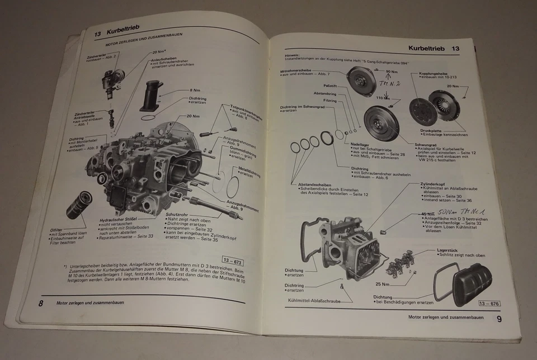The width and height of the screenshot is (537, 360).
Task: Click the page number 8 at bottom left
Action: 41,303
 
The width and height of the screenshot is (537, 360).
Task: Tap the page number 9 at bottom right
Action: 499,319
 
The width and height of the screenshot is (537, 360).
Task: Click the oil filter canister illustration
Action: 78,205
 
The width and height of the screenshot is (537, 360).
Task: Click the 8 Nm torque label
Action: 195,90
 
